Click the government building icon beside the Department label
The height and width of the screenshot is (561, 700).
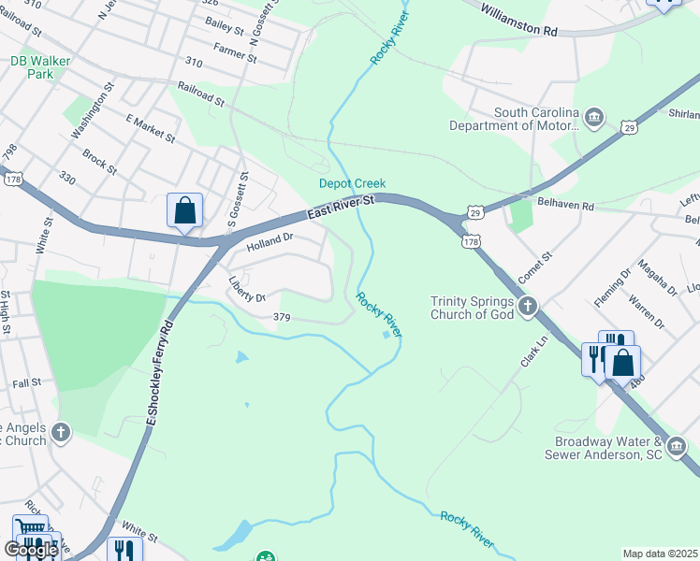point(593,117)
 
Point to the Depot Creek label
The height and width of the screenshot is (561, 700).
point(352,184)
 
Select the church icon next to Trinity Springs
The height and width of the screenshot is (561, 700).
point(529,306)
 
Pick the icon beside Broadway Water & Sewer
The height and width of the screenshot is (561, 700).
point(678,448)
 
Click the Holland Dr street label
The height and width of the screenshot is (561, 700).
point(270,242)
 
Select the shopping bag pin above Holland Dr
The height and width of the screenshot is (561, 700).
point(185,210)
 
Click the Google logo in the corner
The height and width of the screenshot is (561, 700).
point(31,550)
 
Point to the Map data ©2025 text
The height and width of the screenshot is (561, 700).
point(660,554)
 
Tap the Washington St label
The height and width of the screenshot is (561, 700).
point(92,111)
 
